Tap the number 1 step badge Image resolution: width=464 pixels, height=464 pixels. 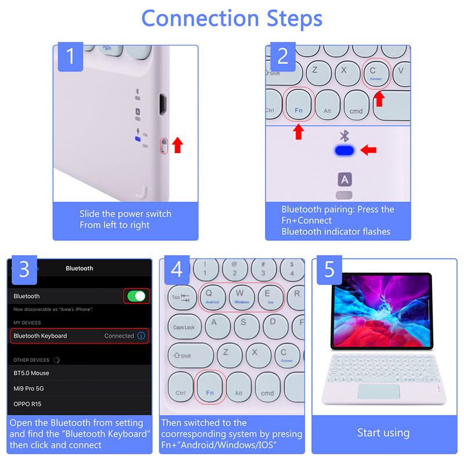[x=70, y=56]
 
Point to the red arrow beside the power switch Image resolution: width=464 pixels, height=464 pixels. [x=178, y=144]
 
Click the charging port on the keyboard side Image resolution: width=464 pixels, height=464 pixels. [x=164, y=105]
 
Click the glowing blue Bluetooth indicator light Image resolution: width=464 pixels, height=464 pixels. [x=345, y=151]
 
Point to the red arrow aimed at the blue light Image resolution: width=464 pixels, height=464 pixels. [x=368, y=151]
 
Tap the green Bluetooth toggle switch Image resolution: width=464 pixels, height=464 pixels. [x=137, y=296]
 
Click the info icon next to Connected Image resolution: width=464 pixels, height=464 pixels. [x=141, y=336]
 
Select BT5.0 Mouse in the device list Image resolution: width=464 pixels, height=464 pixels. [x=31, y=373]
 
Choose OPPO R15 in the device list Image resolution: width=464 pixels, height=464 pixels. [x=28, y=404]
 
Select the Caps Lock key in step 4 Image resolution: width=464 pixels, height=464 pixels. [x=184, y=327]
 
